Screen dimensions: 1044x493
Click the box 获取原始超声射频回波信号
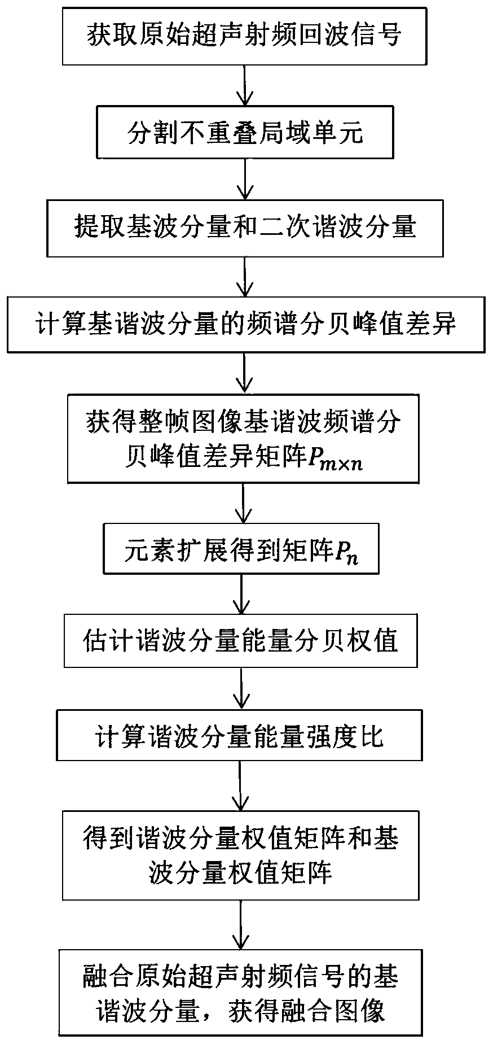pos(244,35)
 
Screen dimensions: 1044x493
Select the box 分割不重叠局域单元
pos(244,133)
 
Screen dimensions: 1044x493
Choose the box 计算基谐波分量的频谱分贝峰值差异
pos(245,325)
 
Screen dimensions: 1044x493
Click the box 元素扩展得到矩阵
pos(241,550)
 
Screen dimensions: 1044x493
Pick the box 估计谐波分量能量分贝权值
pos(240,642)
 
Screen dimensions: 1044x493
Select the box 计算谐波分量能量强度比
pos(239,737)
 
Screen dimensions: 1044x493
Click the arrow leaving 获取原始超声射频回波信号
pos(244,85)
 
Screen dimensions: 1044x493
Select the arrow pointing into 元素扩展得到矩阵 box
pos(243,503)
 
